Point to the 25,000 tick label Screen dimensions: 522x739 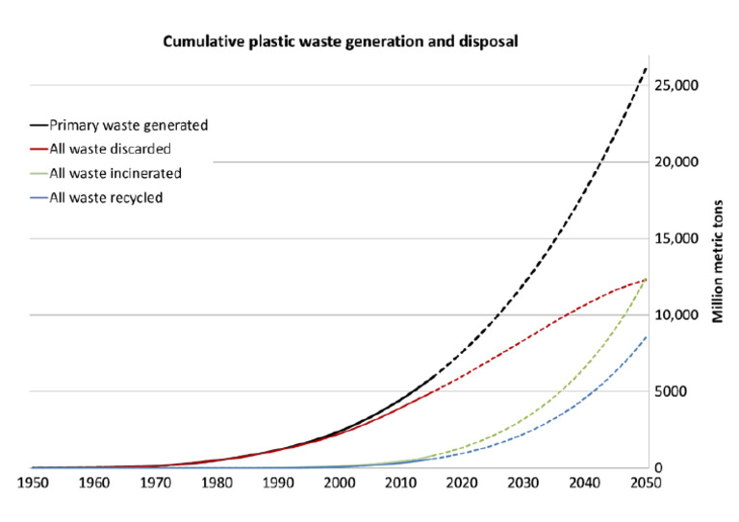(676, 86)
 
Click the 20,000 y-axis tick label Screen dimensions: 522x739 (676, 162)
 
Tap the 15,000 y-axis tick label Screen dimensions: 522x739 (676, 238)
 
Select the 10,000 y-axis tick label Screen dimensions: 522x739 (676, 315)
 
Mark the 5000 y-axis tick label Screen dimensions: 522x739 (673, 391)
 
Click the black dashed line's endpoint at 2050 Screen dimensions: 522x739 (645, 68)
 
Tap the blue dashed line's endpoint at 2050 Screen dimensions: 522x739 (645, 337)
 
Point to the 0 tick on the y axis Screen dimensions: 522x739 (659, 468)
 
